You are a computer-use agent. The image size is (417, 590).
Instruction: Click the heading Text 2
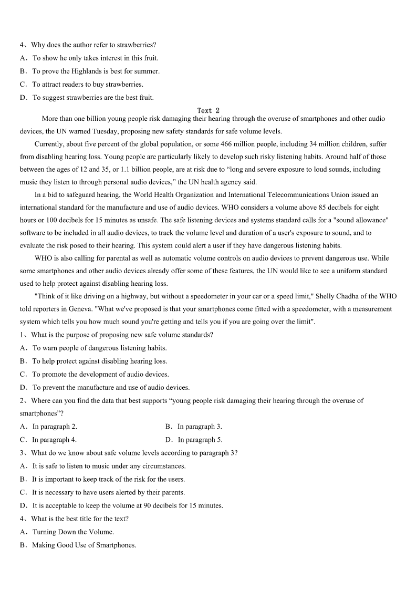[x=208, y=110]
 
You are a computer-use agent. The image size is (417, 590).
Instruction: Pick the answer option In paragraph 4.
[x=54, y=440]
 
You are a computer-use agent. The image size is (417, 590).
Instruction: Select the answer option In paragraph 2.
[x=54, y=427]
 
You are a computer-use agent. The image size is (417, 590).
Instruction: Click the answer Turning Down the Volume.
[x=73, y=532]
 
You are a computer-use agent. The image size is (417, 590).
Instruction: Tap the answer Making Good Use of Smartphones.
[x=84, y=545]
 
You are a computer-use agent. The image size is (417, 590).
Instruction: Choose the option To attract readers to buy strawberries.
[x=87, y=84]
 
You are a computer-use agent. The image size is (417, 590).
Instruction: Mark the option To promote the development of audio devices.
[x=100, y=374]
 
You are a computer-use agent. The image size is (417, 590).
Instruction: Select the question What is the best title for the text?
[x=79, y=519]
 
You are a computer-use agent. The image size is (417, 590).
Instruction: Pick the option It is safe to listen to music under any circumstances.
[x=109, y=466]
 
